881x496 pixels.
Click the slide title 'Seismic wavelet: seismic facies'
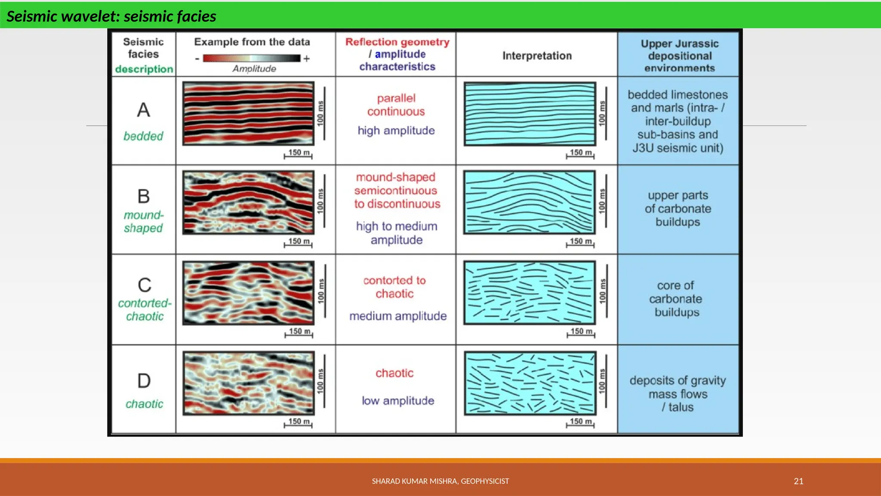click(x=111, y=16)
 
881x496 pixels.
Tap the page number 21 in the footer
click(x=798, y=481)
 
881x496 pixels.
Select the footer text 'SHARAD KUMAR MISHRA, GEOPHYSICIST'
click(x=440, y=481)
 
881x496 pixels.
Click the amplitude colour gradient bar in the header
click(x=252, y=58)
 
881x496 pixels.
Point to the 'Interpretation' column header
click(x=537, y=56)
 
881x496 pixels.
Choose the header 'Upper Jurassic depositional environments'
click(x=679, y=56)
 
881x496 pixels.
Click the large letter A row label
click(x=144, y=110)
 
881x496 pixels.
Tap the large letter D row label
click(x=144, y=381)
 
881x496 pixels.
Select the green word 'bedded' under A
click(x=143, y=136)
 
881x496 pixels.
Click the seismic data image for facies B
click(x=248, y=202)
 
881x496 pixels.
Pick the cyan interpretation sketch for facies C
click(x=530, y=292)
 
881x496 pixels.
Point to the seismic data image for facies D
click(x=248, y=383)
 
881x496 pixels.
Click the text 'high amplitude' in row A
click(x=396, y=130)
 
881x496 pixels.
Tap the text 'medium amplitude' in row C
click(x=398, y=316)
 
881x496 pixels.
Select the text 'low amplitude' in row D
click(x=398, y=401)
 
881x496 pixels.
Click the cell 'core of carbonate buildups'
click(x=677, y=299)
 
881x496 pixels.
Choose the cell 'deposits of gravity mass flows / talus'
click(x=678, y=394)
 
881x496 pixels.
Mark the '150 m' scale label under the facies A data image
click(x=299, y=152)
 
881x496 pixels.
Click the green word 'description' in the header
click(x=144, y=69)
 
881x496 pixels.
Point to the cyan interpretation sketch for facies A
click(x=530, y=114)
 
